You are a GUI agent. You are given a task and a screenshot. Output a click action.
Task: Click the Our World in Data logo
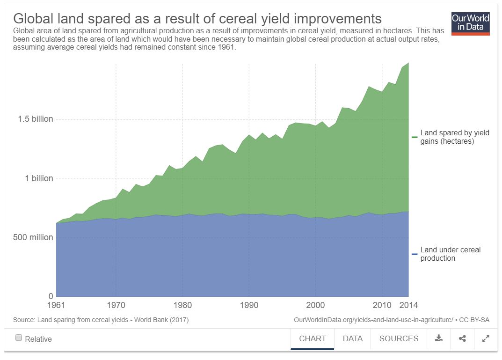(470, 23)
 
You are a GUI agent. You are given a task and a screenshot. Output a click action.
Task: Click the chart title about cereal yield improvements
(197, 18)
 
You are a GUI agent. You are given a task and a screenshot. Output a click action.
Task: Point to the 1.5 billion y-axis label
(36, 119)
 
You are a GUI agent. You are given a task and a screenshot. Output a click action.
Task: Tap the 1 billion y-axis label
(39, 178)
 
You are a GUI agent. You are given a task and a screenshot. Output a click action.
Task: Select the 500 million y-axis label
(33, 237)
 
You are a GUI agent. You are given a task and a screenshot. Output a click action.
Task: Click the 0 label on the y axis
(51, 296)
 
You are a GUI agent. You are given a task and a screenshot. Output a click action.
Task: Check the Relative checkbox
(19, 338)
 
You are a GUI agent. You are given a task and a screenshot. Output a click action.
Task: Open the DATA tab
(352, 338)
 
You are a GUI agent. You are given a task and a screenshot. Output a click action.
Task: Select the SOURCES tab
(399, 338)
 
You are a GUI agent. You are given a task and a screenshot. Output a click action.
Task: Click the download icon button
(439, 338)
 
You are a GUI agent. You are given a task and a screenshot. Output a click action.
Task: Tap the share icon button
(462, 338)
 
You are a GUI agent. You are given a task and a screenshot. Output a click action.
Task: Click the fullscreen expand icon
(486, 338)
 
